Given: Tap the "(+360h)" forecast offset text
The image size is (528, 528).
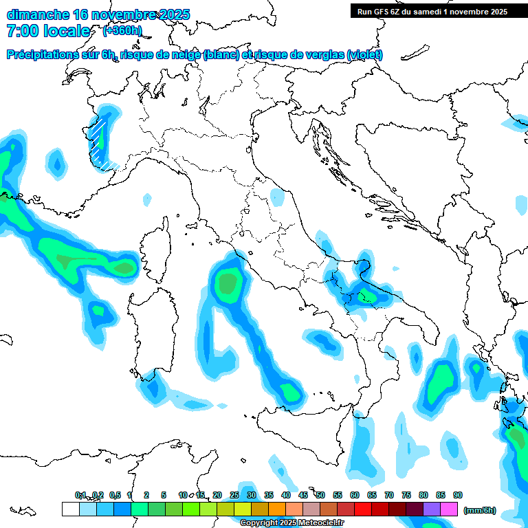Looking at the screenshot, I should coord(122,31).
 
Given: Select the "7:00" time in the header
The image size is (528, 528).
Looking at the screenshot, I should coord(22,31).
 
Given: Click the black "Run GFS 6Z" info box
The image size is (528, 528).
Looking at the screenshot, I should coord(432,11).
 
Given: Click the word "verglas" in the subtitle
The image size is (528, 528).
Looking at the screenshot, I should coord(323,55).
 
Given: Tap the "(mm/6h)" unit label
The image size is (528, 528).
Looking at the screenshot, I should coord(479,511).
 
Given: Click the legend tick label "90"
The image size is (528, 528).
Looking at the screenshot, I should coord(458,496).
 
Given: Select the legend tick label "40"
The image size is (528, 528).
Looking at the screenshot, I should coord(285,496).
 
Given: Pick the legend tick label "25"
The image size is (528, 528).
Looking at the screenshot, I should coord(234,496).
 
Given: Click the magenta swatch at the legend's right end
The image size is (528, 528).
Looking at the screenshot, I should coord(449,509).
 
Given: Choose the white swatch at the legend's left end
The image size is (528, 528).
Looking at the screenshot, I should coord(70,509).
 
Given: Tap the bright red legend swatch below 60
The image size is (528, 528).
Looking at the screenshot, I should coord(363,509).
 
